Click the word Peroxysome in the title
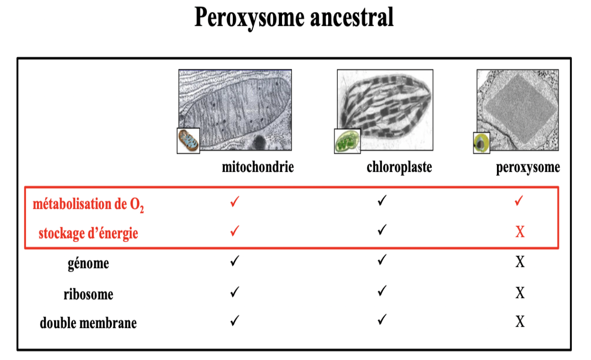pos(250,18)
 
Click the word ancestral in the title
pos(352,17)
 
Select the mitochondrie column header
pos(258,167)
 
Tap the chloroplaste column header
pos(399,167)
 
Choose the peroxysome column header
pos(528,168)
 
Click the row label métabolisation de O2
pos(88,205)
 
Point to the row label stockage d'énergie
pos(88,234)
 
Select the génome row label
pos(88,263)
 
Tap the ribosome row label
pos(88,294)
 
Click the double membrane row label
pos(88,323)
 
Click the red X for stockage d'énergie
pos(520,232)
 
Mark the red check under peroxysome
pos(519,201)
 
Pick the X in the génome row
pos(520,262)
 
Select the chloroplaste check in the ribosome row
pos(382,290)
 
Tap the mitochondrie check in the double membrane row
pos(235,321)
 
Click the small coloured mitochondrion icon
pos(189,141)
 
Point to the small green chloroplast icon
pos(347,141)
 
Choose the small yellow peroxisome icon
pos(481,143)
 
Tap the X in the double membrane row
pos(520,321)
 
